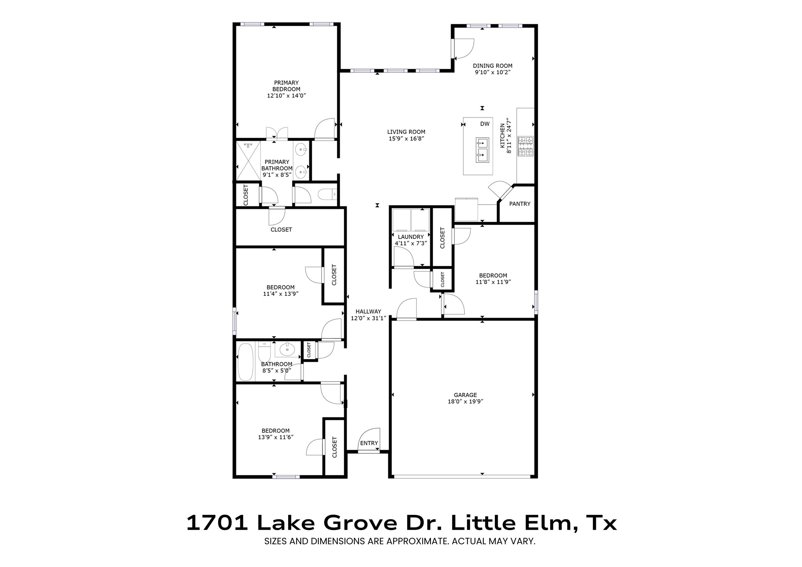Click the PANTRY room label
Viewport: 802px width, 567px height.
coord(519,204)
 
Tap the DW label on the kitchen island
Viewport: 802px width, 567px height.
coord(484,124)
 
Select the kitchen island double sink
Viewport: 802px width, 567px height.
coord(482,149)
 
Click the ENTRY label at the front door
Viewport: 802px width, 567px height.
coord(369,443)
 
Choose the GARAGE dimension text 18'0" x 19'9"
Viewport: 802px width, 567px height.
coord(465,402)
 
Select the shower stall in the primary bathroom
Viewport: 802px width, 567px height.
coord(248,160)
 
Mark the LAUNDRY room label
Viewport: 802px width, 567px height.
coord(411,237)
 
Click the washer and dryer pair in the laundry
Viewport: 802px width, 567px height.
coord(411,219)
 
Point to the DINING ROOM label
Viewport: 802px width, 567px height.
coord(492,66)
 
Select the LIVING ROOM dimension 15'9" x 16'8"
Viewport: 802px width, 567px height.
coord(406,139)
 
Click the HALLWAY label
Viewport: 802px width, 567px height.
coord(368,311)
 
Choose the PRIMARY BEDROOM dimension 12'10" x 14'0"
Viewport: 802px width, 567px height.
coord(286,96)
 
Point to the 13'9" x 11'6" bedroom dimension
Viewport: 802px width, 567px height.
coord(276,437)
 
